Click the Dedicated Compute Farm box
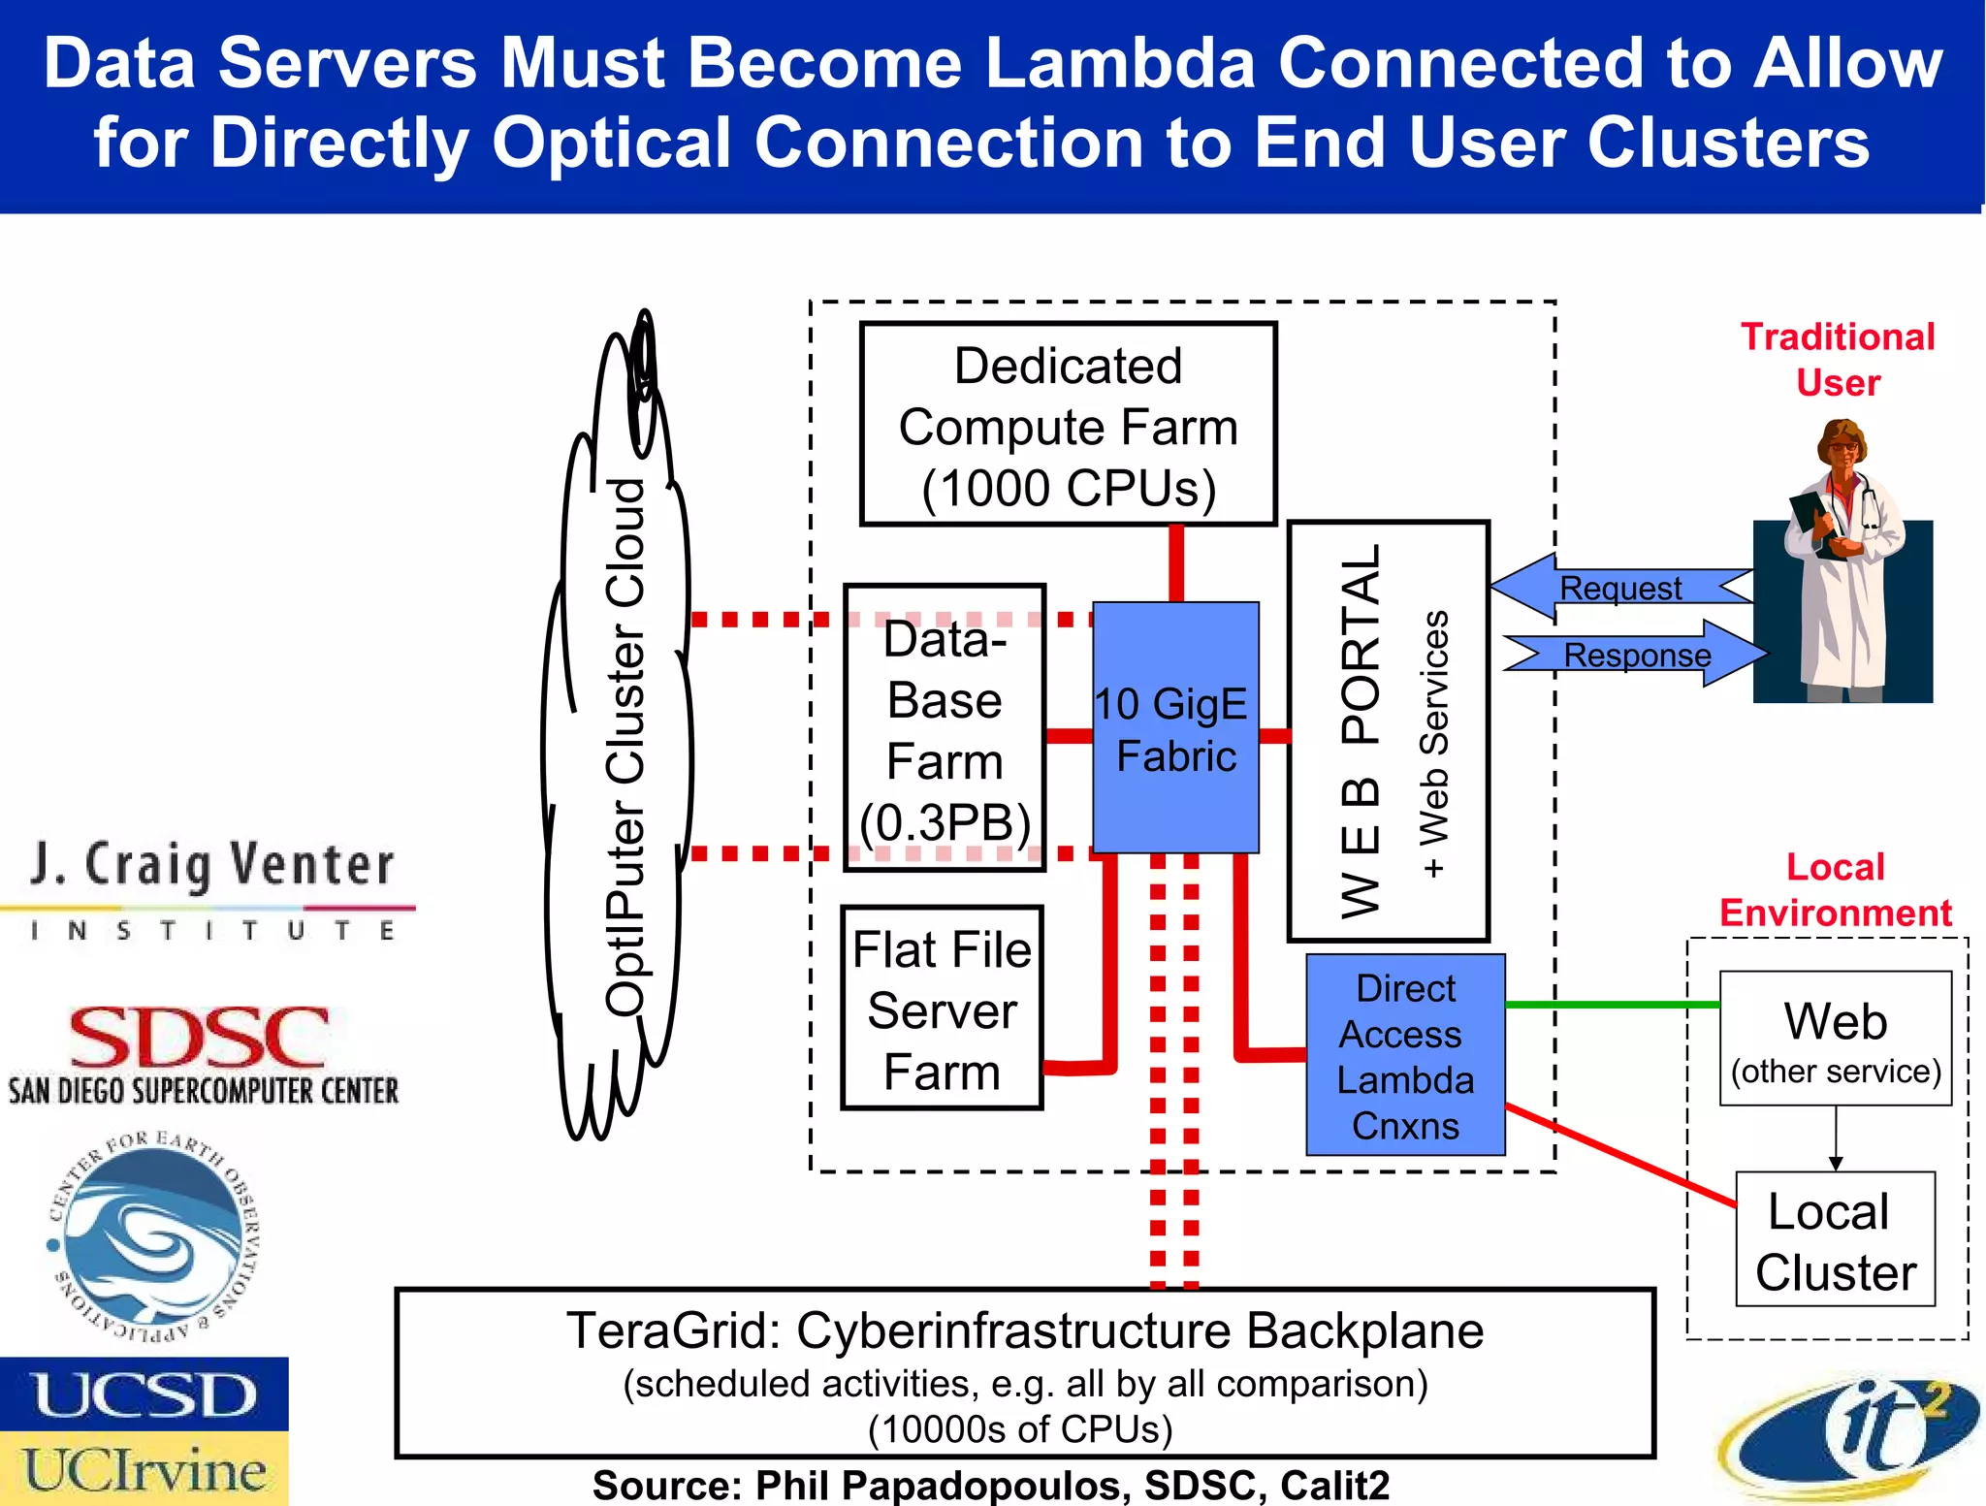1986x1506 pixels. pos(1068,425)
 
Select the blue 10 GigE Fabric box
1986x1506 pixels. pos(1175,728)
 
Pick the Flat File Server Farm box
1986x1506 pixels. pos(942,1009)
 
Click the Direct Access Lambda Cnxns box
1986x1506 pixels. pos(1405,1055)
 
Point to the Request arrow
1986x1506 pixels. pos(1620,588)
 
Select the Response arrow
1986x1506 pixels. pos(1637,655)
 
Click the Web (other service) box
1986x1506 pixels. pos(1835,1039)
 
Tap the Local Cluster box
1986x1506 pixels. pos(1835,1240)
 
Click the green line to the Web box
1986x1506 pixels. pos(1610,1005)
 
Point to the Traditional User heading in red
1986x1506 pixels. pos(1838,359)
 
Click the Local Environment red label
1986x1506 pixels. pos(1835,889)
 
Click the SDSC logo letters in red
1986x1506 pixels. pos(199,1038)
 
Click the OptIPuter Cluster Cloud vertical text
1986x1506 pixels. pos(625,747)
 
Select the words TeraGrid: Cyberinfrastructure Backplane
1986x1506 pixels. pos(1024,1330)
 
